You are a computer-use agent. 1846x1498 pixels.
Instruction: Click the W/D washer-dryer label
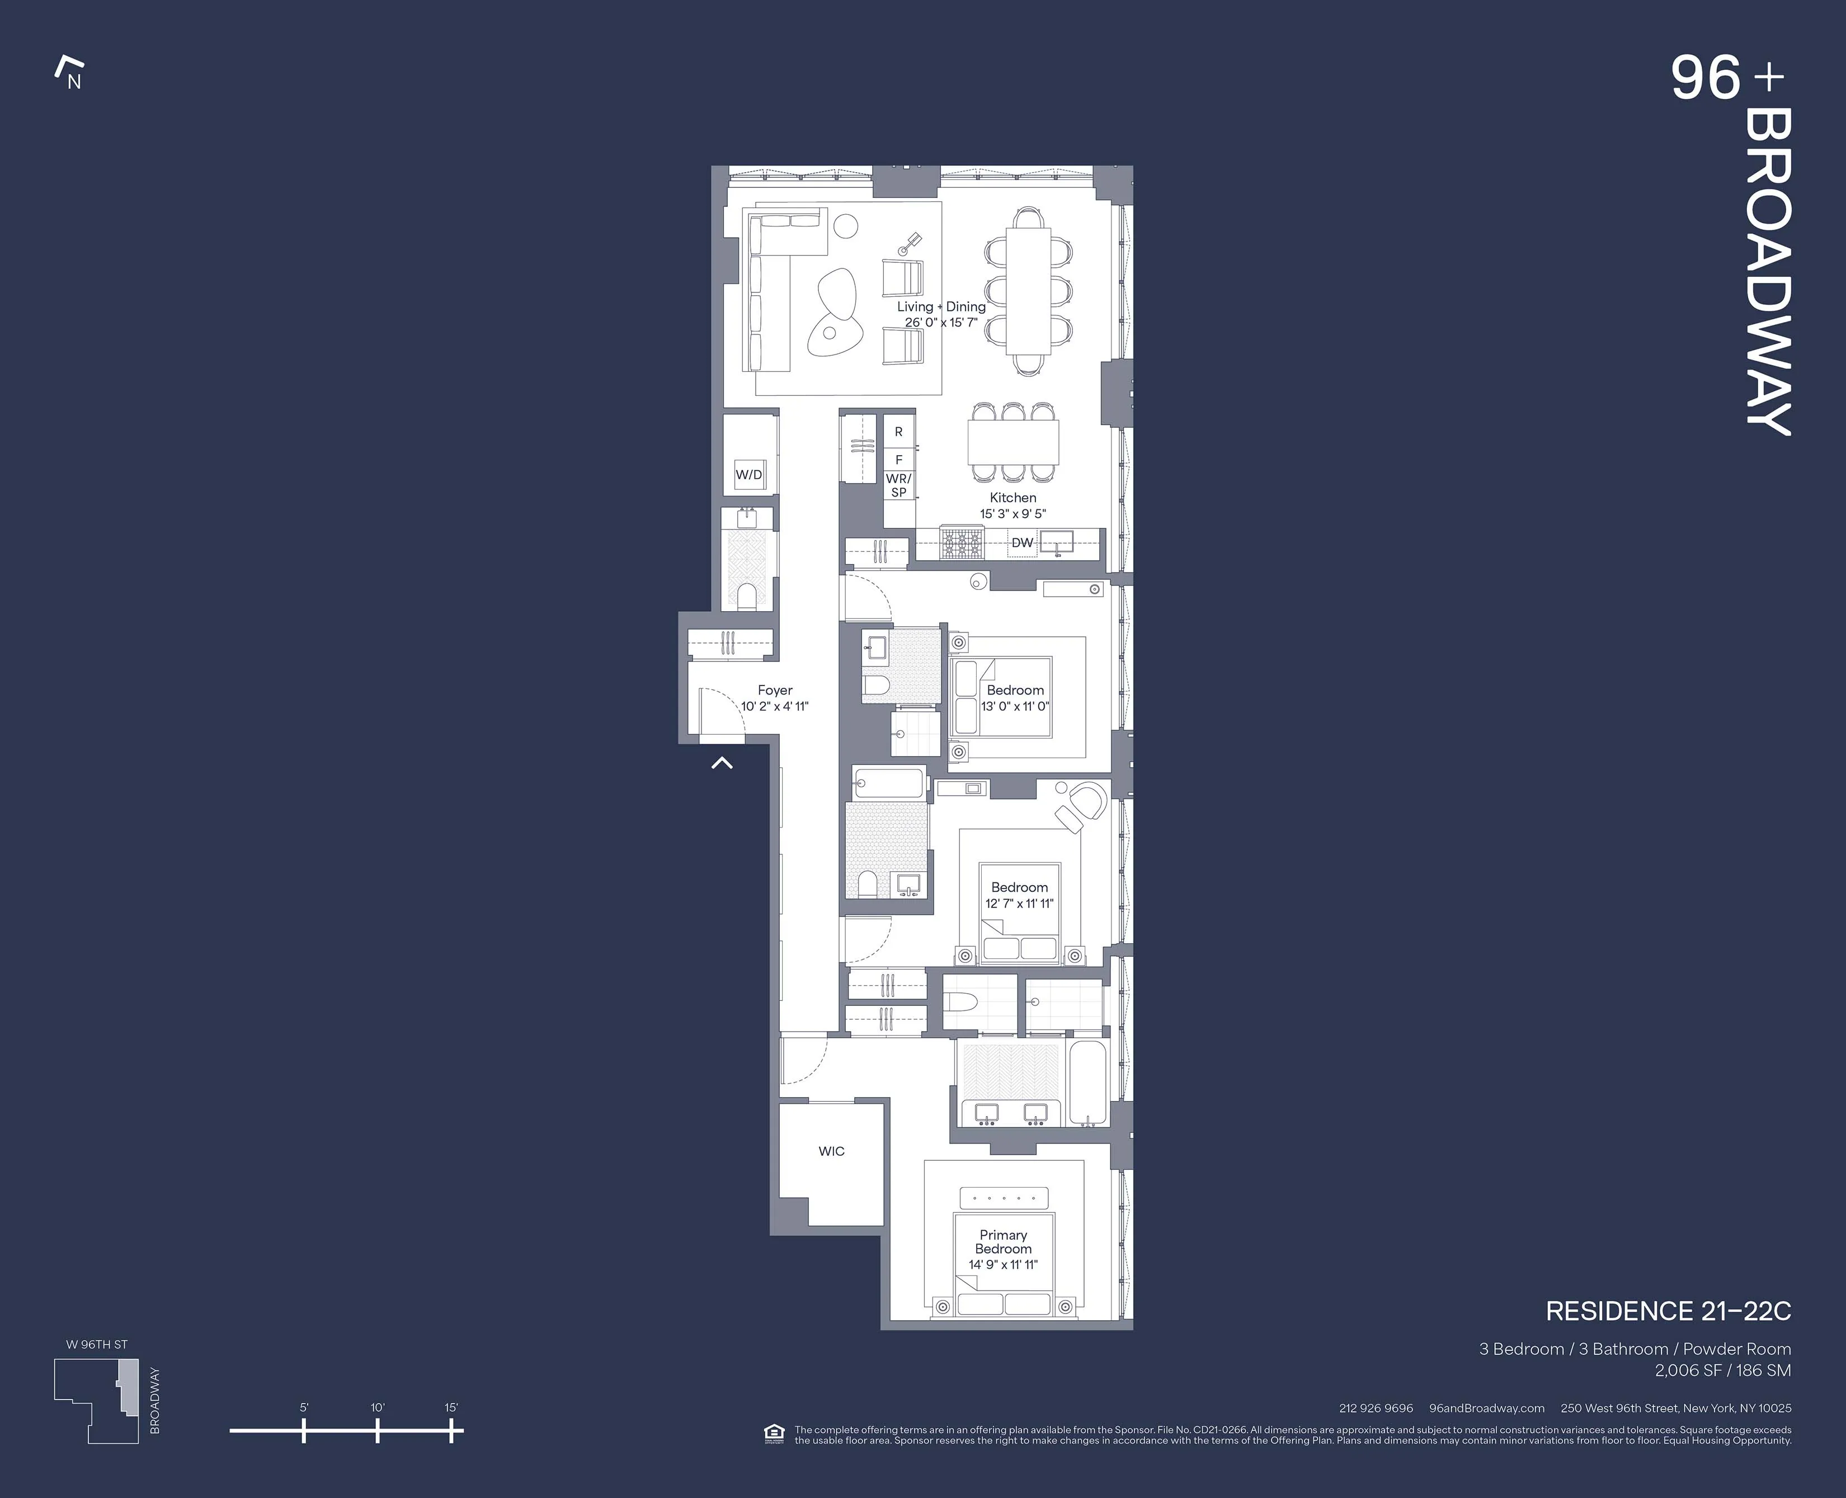click(x=748, y=475)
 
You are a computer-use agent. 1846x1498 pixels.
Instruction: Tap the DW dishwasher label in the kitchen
click(x=1022, y=543)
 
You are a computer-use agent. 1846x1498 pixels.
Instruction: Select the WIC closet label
click(x=831, y=1151)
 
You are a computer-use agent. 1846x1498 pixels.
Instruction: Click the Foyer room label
click(x=775, y=691)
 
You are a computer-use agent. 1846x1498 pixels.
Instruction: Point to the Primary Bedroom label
click(x=1003, y=1242)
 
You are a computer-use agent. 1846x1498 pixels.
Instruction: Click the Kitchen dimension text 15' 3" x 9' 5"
click(x=1013, y=513)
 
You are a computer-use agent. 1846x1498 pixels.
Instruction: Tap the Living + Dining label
click(x=941, y=306)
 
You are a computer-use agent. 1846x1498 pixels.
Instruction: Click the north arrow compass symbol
click(x=69, y=73)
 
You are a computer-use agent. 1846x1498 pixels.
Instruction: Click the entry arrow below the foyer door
click(x=722, y=763)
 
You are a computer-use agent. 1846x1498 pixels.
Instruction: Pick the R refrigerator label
click(x=898, y=432)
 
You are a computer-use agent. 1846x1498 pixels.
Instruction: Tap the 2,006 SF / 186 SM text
click(x=1722, y=1371)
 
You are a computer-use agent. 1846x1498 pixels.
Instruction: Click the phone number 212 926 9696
click(x=1376, y=1409)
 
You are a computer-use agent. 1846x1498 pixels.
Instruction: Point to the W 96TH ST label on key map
click(x=97, y=1344)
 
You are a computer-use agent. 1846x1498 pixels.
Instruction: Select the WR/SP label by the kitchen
click(x=898, y=485)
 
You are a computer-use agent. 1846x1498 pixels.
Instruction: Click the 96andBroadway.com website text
click(x=1486, y=1409)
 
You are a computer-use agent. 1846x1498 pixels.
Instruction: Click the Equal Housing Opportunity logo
click(x=774, y=1434)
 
